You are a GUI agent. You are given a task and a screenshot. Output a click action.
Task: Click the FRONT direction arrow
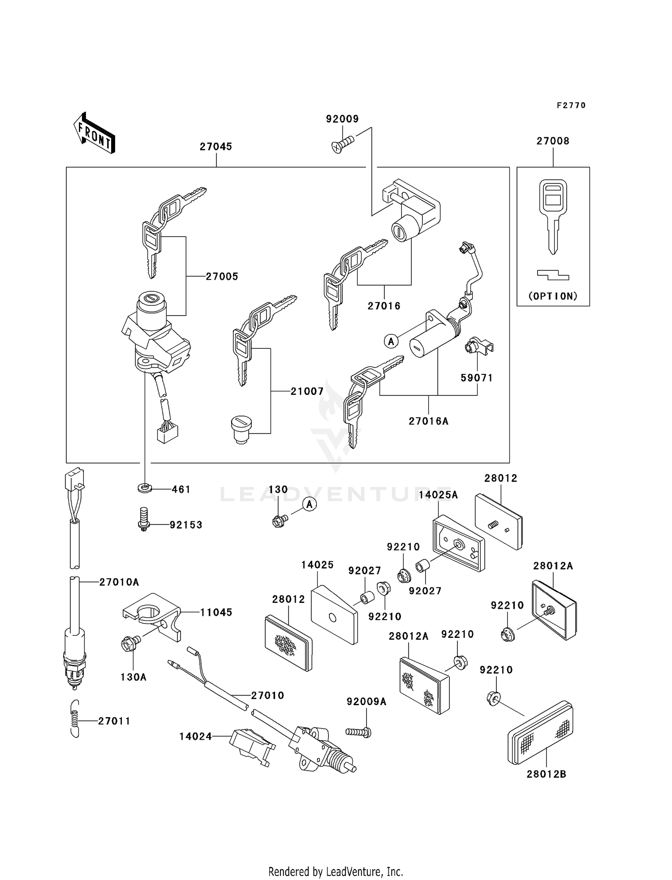point(95,133)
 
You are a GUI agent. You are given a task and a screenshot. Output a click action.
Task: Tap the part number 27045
point(216,147)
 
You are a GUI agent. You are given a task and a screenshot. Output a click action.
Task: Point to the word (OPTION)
point(553,296)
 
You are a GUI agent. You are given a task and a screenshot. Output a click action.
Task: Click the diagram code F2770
point(571,105)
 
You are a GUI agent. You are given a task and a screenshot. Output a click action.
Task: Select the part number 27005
point(222,277)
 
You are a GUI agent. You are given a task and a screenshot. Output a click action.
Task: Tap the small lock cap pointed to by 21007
point(241,429)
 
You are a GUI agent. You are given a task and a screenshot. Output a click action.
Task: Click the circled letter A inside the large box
point(391,342)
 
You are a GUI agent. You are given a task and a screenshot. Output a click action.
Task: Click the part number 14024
point(195,737)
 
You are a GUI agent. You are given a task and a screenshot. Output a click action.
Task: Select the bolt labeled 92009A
point(358,732)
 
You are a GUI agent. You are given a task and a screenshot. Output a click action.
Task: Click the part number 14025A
point(438,495)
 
